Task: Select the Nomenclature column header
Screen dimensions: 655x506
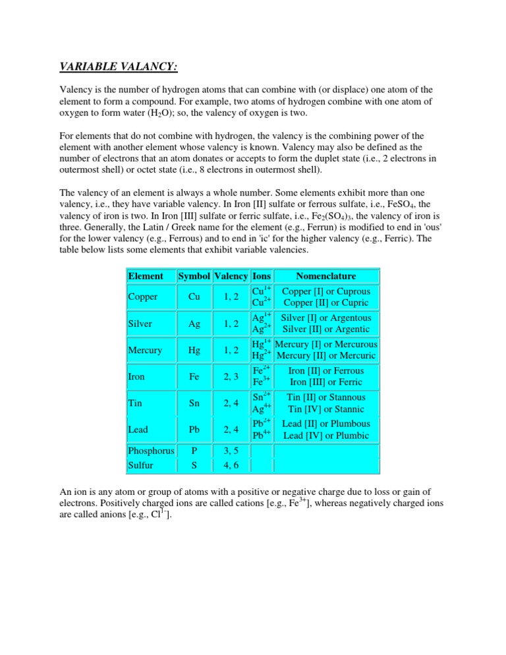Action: (x=325, y=276)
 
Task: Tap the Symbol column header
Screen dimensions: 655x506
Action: (x=194, y=276)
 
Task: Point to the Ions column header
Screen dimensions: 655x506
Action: (x=262, y=276)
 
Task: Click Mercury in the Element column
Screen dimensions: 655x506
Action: (x=145, y=350)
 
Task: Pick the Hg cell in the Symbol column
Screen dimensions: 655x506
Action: (x=194, y=350)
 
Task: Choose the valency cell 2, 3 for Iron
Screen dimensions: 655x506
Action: (x=230, y=376)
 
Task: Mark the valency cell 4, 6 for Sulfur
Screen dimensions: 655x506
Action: (x=230, y=465)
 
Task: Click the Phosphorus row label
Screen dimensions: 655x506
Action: (x=151, y=451)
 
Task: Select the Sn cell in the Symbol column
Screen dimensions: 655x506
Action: (x=194, y=403)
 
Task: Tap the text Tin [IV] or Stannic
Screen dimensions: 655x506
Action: (x=325, y=409)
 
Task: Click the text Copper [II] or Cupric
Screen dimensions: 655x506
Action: (x=325, y=304)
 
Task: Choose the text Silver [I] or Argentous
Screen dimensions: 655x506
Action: (x=325, y=317)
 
